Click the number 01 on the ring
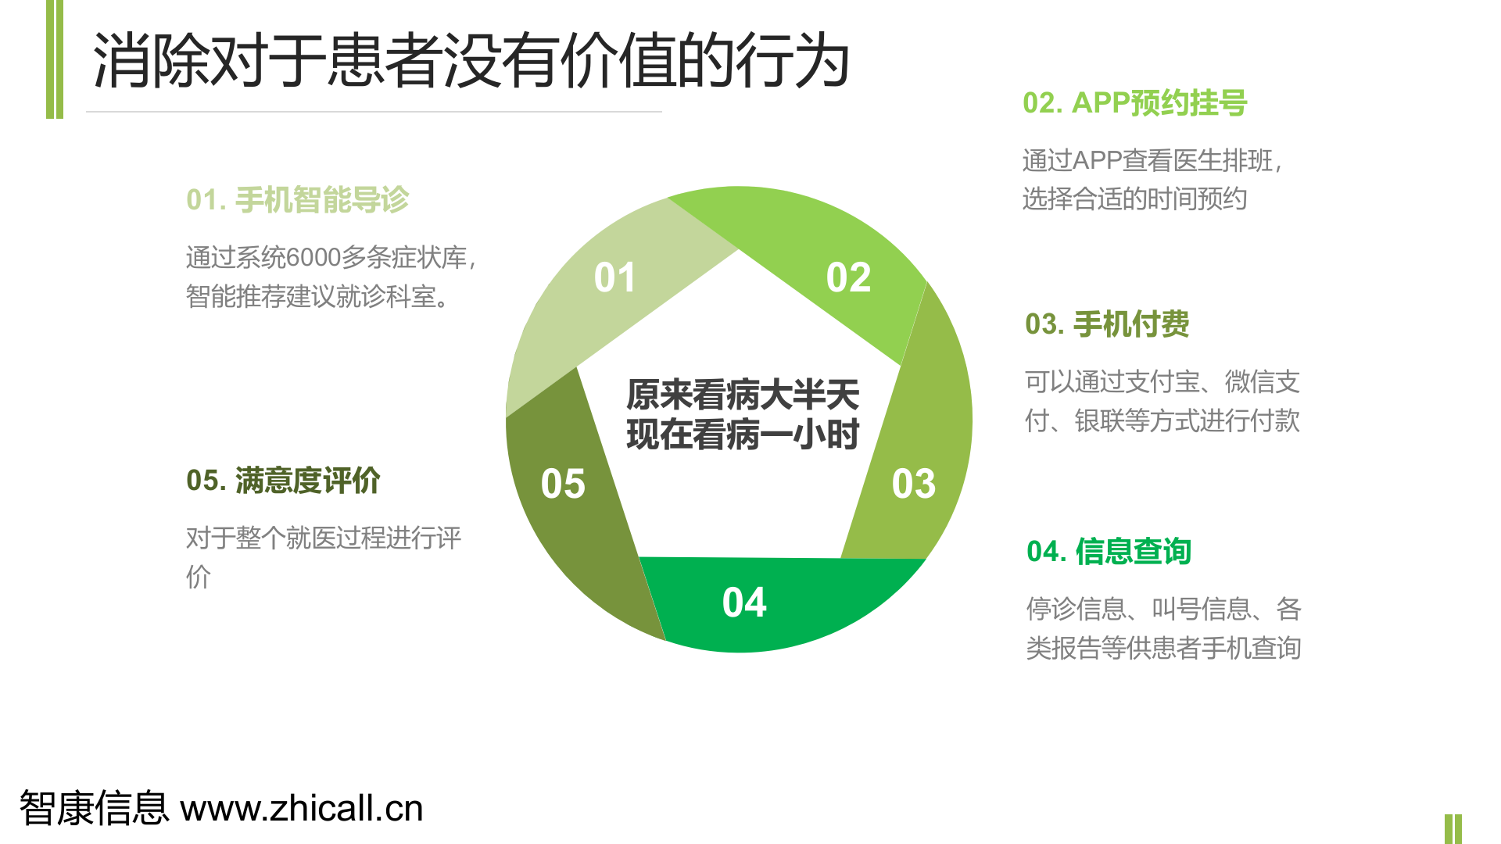coord(614,277)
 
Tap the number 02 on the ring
coord(848,277)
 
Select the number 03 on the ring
coord(913,484)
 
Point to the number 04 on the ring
coord(744,603)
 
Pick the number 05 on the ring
coord(563,484)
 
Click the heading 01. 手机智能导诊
coord(297,200)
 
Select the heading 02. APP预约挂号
coord(1134,103)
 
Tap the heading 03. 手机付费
coord(1107,324)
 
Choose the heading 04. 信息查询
coord(1109,552)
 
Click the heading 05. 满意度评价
coord(283,481)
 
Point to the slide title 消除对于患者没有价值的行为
coord(471,61)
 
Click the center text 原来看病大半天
coord(743,395)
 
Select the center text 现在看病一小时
coord(743,435)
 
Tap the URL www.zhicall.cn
coord(302,809)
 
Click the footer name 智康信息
coord(94,809)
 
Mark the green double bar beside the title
coord(55,59)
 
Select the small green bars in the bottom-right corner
coord(1453,828)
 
